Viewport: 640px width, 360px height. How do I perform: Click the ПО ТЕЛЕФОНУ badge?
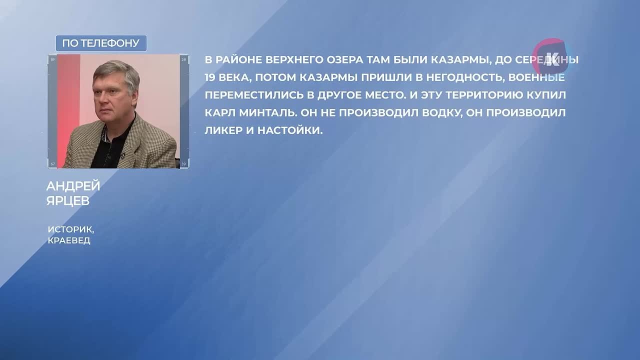[101, 43]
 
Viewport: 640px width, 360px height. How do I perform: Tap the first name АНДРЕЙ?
[73, 186]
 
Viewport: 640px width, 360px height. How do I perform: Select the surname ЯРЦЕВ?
[68, 200]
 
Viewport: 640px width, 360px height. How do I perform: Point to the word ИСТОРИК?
[71, 229]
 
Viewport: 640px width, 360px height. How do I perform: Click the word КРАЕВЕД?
[69, 240]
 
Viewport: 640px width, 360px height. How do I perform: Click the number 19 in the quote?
[209, 77]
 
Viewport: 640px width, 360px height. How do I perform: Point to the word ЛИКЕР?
[223, 130]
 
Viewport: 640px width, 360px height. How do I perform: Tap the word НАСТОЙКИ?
[290, 130]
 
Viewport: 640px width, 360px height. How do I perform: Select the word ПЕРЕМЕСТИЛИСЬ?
[254, 95]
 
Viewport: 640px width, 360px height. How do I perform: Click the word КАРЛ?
[219, 112]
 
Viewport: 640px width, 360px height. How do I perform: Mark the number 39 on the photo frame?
[183, 164]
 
